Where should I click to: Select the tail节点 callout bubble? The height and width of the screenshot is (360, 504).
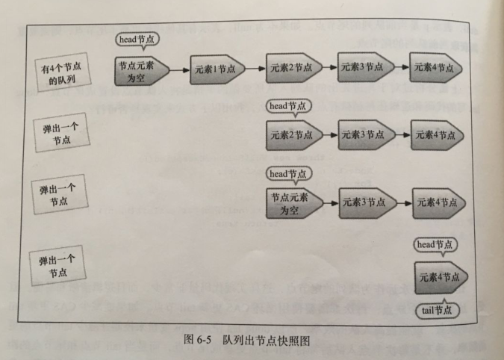tap(437, 310)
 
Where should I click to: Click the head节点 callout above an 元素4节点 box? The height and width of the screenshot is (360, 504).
tap(436, 244)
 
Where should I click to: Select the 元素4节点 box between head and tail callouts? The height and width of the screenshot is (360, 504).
tap(438, 277)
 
